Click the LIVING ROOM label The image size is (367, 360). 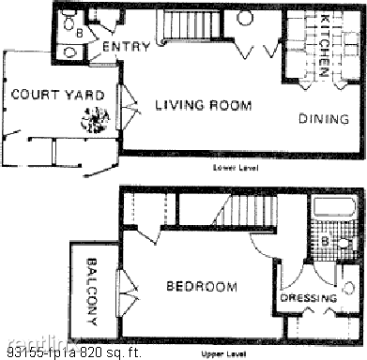(x=203, y=106)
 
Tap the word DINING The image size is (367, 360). (x=324, y=119)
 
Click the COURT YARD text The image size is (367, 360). (x=44, y=95)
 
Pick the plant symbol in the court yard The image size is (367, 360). (x=97, y=119)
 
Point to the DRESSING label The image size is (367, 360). (x=308, y=298)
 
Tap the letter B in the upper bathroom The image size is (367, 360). (x=324, y=240)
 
